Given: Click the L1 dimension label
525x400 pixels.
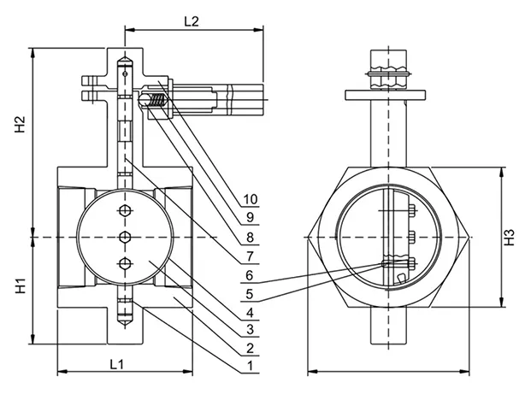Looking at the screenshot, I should click(119, 365).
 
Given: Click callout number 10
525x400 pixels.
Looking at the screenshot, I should click(250, 199).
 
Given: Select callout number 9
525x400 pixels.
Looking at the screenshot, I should click(250, 218).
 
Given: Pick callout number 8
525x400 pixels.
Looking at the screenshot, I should click(250, 237).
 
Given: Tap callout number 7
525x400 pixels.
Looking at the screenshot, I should click(250, 256).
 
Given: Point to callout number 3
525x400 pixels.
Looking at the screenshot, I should click(250, 330).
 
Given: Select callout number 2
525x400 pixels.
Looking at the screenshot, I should click(250, 348).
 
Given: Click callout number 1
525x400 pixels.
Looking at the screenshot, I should click(250, 367).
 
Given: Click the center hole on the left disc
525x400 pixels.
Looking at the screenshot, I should click(126, 236).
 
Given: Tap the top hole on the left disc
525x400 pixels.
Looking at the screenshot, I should click(126, 210).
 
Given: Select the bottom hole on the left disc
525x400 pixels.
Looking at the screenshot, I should click(126, 262).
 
